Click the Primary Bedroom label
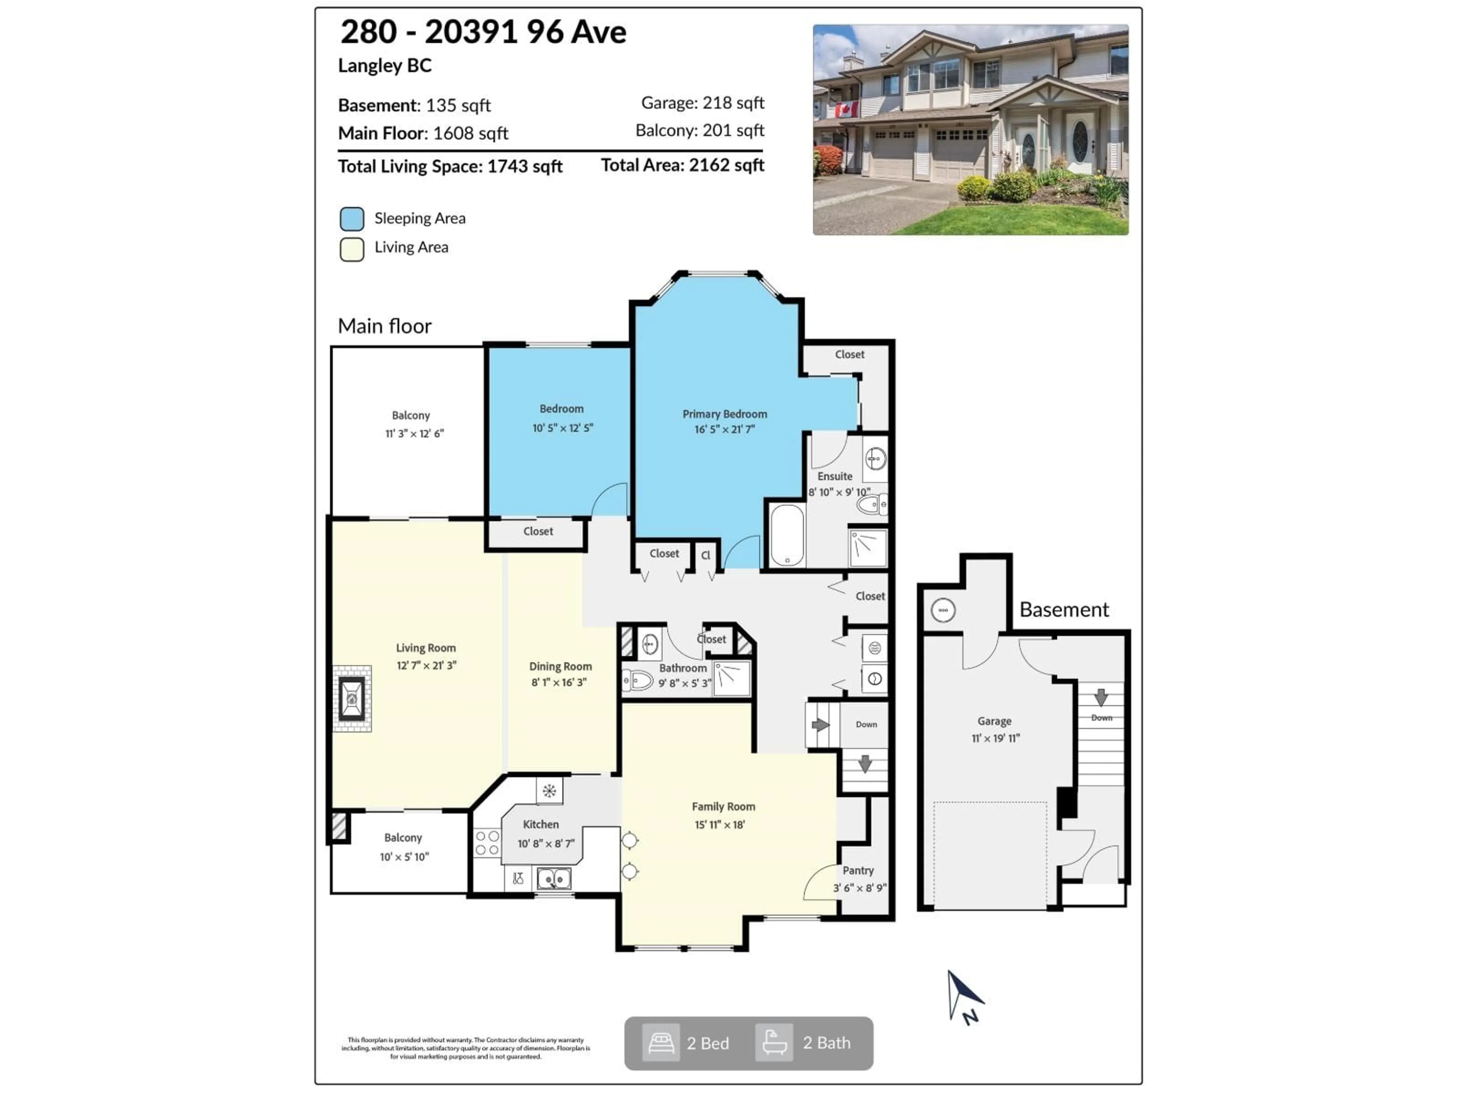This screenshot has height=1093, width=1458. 724,414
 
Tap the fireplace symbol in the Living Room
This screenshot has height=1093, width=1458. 352,698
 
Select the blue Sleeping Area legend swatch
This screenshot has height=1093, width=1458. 352,219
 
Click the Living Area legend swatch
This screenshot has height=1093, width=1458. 352,249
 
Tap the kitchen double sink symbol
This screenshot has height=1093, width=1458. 554,878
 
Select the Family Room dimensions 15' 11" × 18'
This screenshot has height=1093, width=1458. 720,824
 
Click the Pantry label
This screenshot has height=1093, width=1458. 858,870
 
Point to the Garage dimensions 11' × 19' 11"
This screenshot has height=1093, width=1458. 995,739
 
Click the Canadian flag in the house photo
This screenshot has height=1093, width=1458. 847,109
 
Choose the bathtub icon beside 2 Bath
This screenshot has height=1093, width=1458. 774,1043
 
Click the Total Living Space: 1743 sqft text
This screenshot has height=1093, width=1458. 450,166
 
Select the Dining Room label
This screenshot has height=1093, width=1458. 560,666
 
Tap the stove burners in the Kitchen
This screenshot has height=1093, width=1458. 487,843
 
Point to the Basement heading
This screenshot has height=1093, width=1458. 1064,609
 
